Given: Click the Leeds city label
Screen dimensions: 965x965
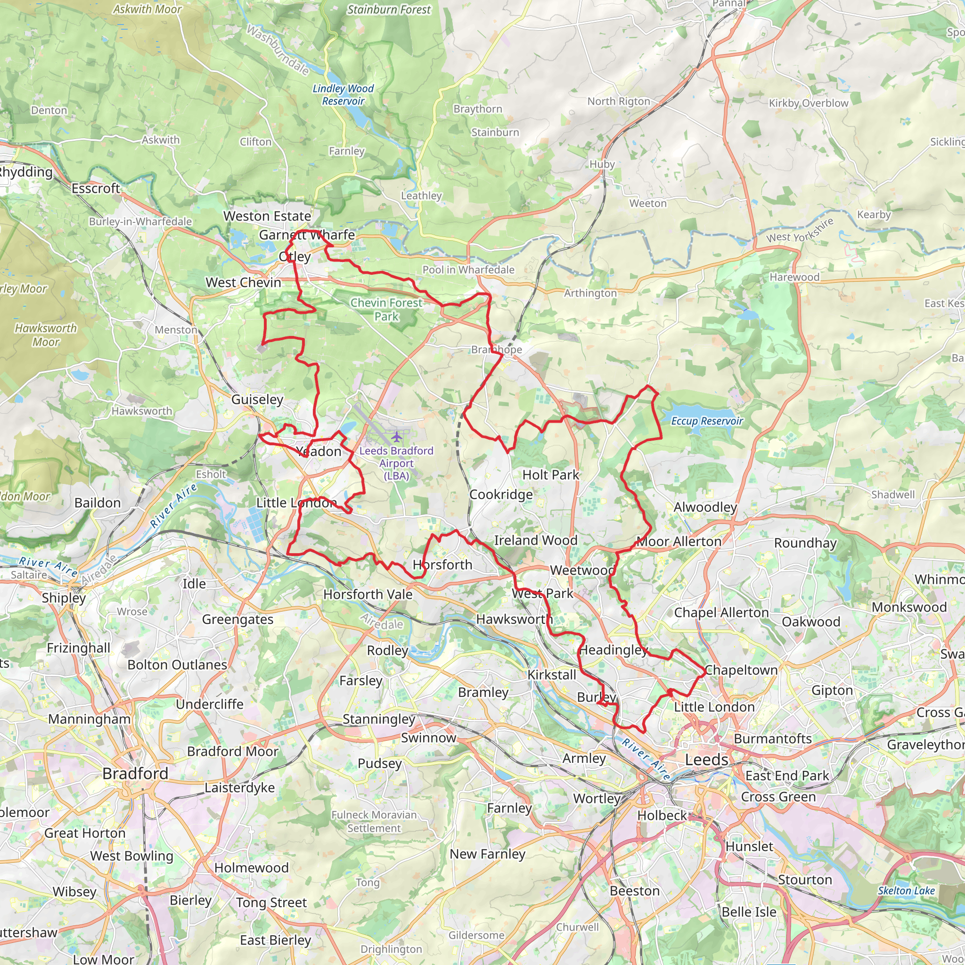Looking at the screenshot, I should (706, 760).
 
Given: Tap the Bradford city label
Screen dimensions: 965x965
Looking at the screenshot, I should (135, 774).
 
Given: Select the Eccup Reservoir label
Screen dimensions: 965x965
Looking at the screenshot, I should (707, 421).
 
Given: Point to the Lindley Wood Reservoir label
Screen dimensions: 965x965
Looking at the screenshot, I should (343, 95).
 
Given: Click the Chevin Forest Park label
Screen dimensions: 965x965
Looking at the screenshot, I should (386, 310).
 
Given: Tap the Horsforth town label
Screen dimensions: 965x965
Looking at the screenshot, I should (442, 565).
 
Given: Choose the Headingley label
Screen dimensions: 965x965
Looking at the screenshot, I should (613, 650).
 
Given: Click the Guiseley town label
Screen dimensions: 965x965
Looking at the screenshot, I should (257, 400).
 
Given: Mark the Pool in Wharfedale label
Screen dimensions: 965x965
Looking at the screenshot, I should (468, 270).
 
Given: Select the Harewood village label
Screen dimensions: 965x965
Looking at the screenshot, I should (794, 277).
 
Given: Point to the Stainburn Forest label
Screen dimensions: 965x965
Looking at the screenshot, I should (389, 10).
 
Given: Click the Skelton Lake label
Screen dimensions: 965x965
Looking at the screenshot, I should (906, 891).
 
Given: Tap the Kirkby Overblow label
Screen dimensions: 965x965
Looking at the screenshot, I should (808, 103).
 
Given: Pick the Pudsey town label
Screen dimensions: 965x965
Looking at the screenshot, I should (380, 763).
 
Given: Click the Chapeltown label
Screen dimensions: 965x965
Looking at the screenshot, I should (741, 671).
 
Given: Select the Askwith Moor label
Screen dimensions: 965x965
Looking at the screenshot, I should (147, 9).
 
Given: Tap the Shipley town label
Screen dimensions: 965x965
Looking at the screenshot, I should (64, 598).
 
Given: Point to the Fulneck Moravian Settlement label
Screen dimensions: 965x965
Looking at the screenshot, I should (374, 821).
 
